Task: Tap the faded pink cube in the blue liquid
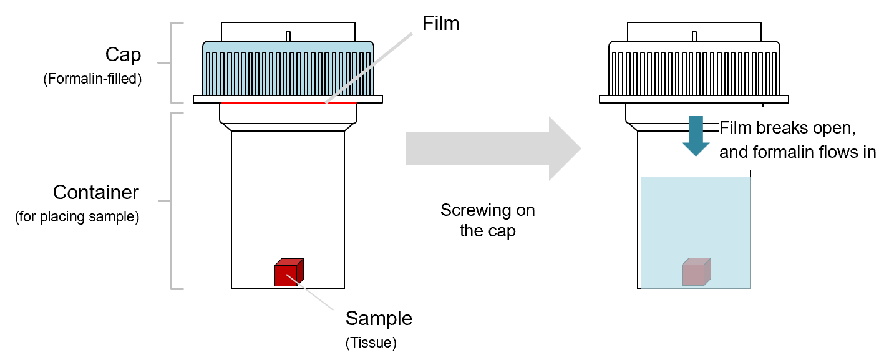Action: (696, 273)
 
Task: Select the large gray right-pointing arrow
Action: (493, 149)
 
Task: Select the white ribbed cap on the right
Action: (694, 72)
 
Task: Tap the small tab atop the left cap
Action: (288, 36)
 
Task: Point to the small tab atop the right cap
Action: (694, 36)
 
